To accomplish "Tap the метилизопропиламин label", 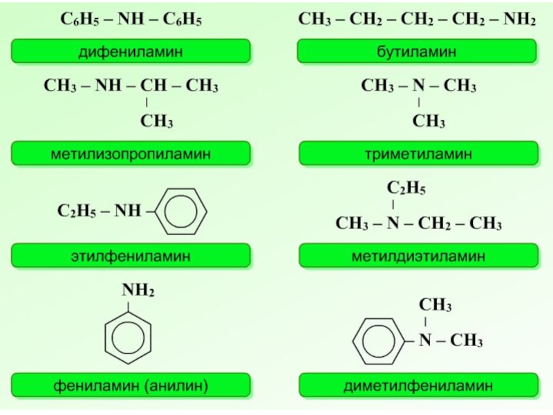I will coord(130,154).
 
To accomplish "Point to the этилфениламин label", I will coord(130,256).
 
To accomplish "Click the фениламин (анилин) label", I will coord(130,385).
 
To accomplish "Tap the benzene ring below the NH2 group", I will coord(130,335).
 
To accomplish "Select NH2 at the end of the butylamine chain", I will coord(518,21).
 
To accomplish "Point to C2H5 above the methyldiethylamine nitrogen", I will coord(406,188).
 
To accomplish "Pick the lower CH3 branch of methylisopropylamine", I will coord(156,122).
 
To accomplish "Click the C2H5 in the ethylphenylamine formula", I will coord(77,211).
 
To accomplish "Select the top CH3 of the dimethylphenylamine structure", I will coord(435,306).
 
